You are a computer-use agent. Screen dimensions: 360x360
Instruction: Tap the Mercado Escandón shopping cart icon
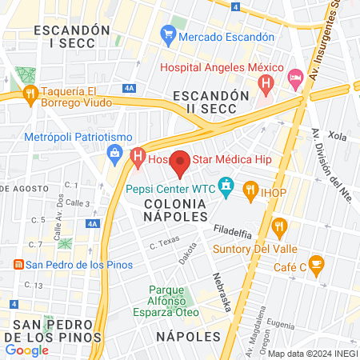click(168, 35)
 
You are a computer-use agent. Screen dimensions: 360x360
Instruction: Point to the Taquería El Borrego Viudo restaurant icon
click(30, 95)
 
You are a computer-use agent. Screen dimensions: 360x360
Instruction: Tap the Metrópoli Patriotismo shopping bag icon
click(114, 150)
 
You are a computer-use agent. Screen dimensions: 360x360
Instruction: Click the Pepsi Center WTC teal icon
click(226, 189)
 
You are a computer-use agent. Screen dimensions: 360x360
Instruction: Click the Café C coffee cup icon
click(316, 265)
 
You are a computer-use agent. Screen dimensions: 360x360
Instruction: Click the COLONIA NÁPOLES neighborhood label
click(175, 210)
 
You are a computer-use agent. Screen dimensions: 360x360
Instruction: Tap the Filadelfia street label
click(233, 233)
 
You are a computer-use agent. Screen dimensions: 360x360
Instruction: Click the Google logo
click(26, 350)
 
